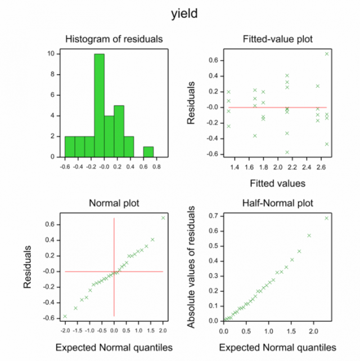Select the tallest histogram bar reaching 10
pos(100,105)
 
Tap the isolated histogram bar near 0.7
pos(148,151)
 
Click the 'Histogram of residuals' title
pos(114,39)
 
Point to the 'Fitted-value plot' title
pos(278,39)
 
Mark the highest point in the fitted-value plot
pos(327,54)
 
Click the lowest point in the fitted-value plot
pos(287,152)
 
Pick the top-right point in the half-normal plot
pos(326,218)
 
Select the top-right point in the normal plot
pos(163,217)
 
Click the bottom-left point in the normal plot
pos(65,317)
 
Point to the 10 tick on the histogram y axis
pos(51,54)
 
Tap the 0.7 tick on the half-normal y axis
pos(213,216)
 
